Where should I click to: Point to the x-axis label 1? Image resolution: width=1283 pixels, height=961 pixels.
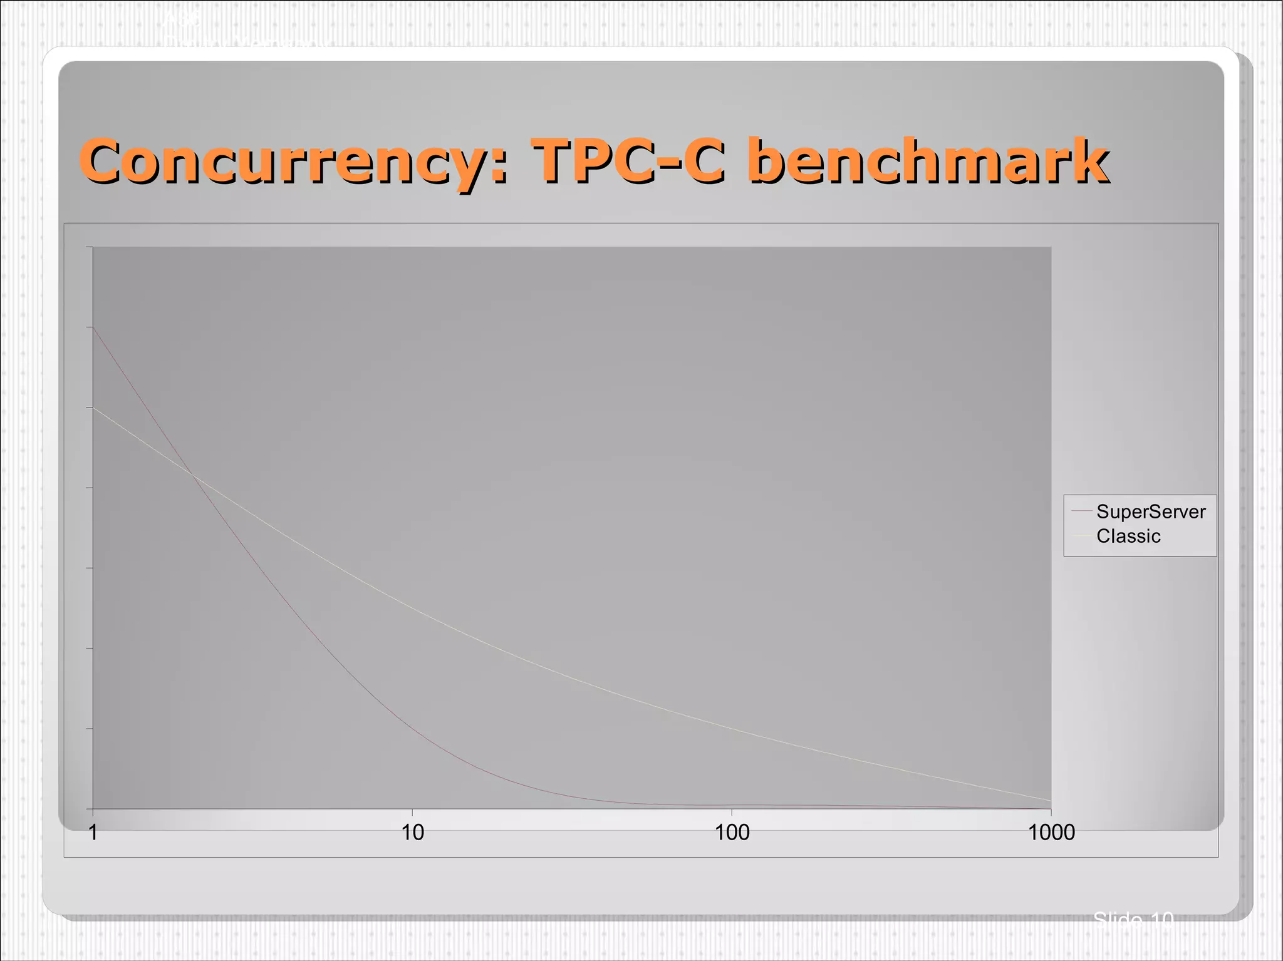pos(93,833)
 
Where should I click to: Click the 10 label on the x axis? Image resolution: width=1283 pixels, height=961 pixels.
pos(412,833)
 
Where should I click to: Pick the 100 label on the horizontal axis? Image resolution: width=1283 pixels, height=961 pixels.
pos(732,833)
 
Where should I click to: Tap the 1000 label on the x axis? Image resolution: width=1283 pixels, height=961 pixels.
pos(1051,833)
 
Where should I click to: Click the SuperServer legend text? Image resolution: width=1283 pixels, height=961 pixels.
pos(1151,512)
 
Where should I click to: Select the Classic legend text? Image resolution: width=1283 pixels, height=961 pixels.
pos(1128,537)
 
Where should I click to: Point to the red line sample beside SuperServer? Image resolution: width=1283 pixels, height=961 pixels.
pos(1082,512)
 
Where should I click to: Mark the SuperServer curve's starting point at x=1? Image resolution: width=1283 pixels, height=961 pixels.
pos(93,327)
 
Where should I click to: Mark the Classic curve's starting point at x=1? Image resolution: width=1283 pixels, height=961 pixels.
pos(93,408)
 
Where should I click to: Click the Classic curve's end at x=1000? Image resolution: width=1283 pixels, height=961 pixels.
pos(1051,800)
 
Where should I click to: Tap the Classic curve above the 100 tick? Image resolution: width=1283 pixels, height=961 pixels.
pos(732,728)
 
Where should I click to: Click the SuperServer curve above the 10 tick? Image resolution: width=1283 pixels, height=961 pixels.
pos(412,726)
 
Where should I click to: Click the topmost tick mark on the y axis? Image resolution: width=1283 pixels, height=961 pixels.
pos(90,247)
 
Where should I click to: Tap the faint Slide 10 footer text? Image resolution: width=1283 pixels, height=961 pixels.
pos(1133,920)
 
